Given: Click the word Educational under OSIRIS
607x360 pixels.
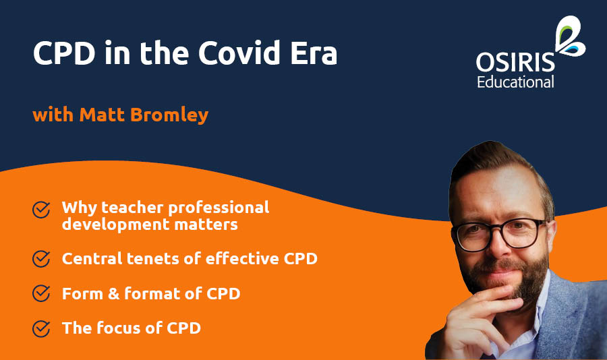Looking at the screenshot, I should click(515, 82).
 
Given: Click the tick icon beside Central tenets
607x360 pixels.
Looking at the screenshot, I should click(41, 259).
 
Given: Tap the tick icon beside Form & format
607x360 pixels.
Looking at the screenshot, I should click(41, 294).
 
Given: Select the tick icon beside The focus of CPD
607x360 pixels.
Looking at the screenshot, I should click(41, 329).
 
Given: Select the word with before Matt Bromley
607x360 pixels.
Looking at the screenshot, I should click(53, 115).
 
